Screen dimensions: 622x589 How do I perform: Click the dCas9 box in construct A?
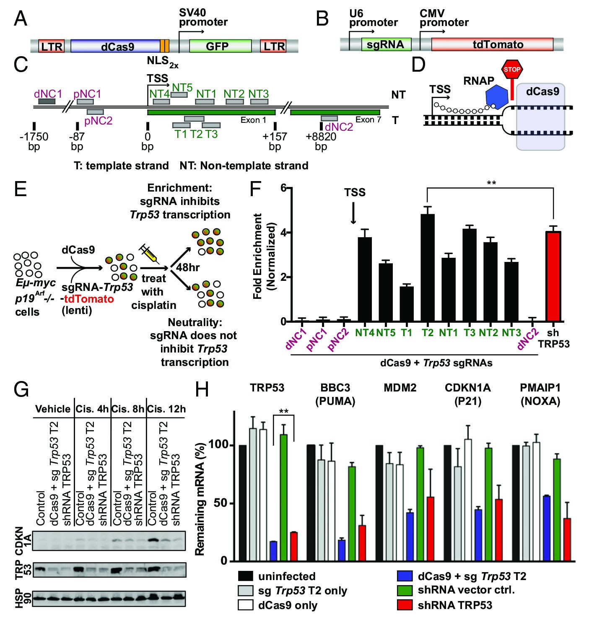click(x=115, y=46)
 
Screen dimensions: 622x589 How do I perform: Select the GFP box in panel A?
click(x=220, y=46)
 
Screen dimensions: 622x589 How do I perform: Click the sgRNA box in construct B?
click(x=385, y=44)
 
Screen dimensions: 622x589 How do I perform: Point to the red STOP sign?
click(x=511, y=70)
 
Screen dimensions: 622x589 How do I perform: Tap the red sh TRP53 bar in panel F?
click(x=553, y=277)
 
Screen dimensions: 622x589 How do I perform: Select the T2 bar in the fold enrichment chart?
click(x=428, y=268)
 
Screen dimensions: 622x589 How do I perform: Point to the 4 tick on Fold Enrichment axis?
click(x=283, y=233)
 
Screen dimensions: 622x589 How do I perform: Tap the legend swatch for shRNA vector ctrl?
click(x=405, y=590)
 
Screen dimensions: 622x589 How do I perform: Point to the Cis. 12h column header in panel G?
click(x=166, y=409)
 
